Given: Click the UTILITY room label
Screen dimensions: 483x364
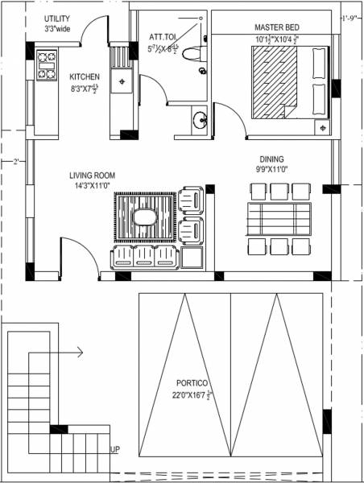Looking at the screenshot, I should tap(56, 18).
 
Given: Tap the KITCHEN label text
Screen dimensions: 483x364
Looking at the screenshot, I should tap(85, 77).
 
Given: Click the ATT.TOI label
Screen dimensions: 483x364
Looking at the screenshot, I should tap(163, 36).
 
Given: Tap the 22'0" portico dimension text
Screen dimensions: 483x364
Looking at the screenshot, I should tap(182, 395).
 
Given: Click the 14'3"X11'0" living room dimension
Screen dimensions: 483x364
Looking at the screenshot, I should tap(92, 185).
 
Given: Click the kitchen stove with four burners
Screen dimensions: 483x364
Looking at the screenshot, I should tap(45, 65).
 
